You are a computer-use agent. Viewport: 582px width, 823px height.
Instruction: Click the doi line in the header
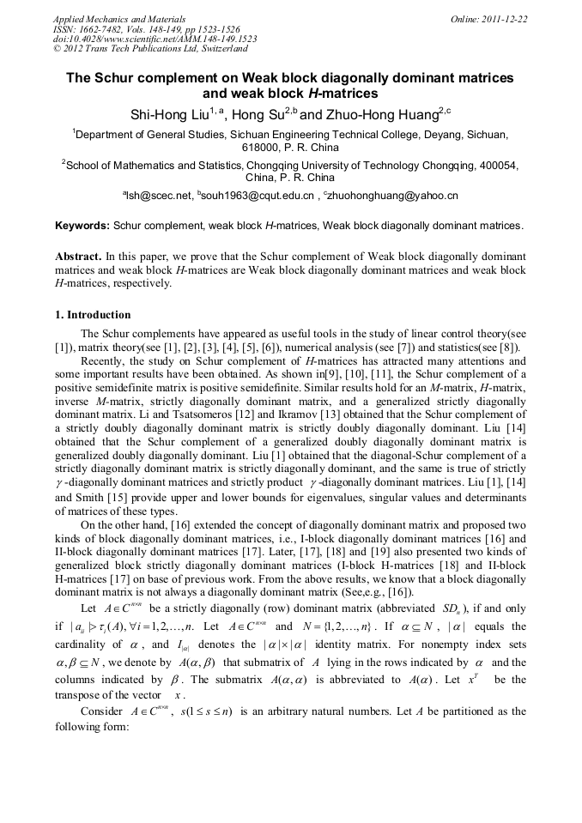point(154,39)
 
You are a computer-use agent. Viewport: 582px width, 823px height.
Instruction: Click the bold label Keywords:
point(82,226)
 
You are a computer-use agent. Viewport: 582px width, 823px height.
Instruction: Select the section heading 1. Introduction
point(93,315)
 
